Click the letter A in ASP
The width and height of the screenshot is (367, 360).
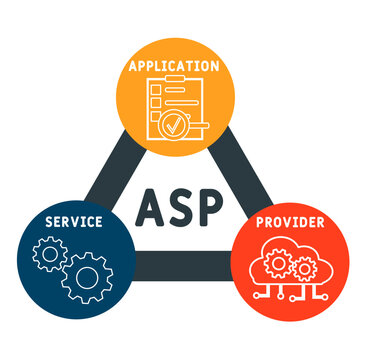point(151,208)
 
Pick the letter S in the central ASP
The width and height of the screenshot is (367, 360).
point(183,208)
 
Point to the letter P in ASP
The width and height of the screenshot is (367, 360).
point(215,208)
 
